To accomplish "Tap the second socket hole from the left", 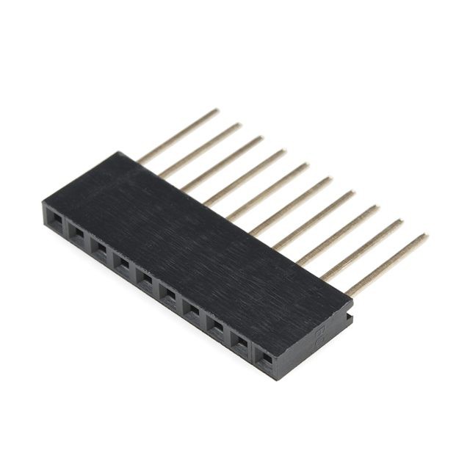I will [x=77, y=232].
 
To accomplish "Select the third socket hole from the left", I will [x=100, y=248].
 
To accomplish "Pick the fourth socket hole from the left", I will [x=123, y=264].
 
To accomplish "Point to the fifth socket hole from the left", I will [x=145, y=280].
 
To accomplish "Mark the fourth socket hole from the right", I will [x=192, y=311].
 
